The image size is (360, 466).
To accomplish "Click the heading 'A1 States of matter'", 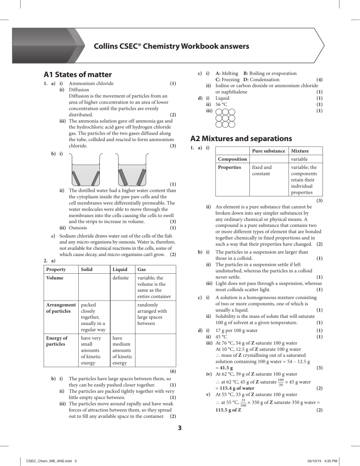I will [77, 75].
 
